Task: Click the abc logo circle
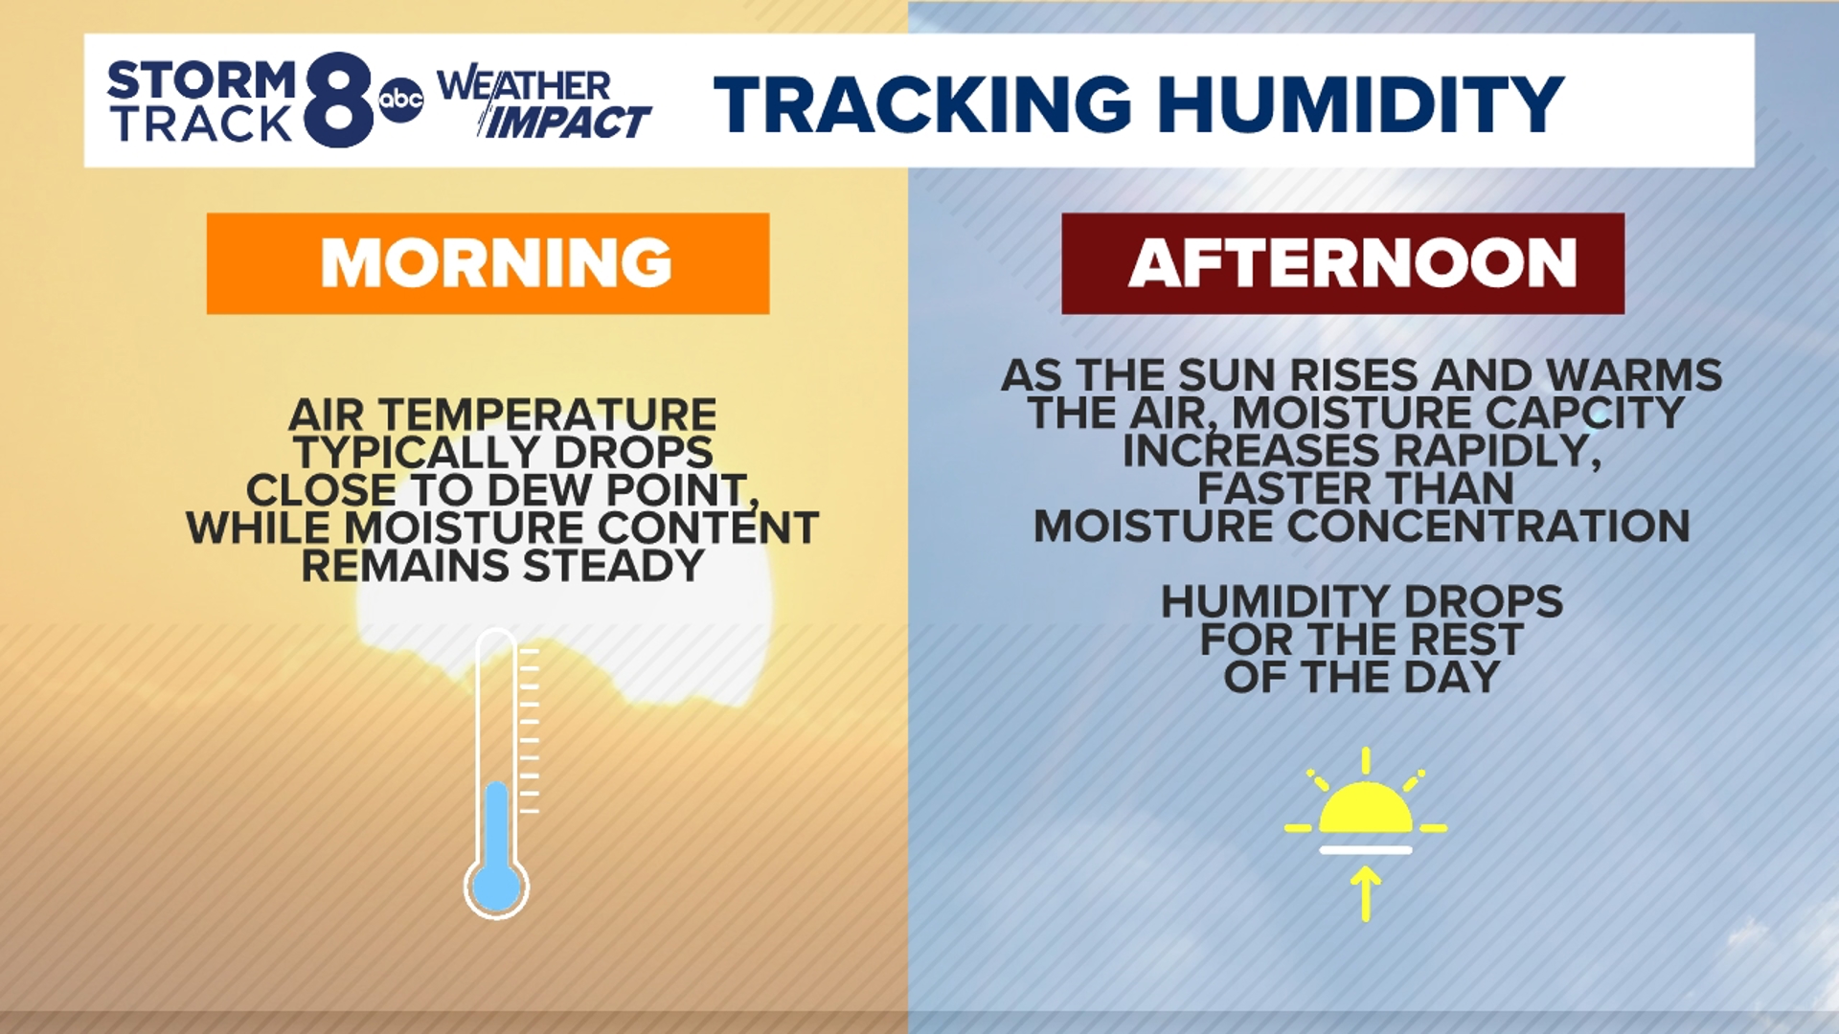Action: tap(400, 99)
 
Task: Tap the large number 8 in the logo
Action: tap(339, 100)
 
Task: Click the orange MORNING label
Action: tap(488, 263)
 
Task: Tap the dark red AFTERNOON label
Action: tap(1343, 263)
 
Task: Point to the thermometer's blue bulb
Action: tap(496, 887)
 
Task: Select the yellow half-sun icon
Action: tap(1366, 810)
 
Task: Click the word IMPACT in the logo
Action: tap(567, 123)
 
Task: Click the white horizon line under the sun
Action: tap(1366, 850)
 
